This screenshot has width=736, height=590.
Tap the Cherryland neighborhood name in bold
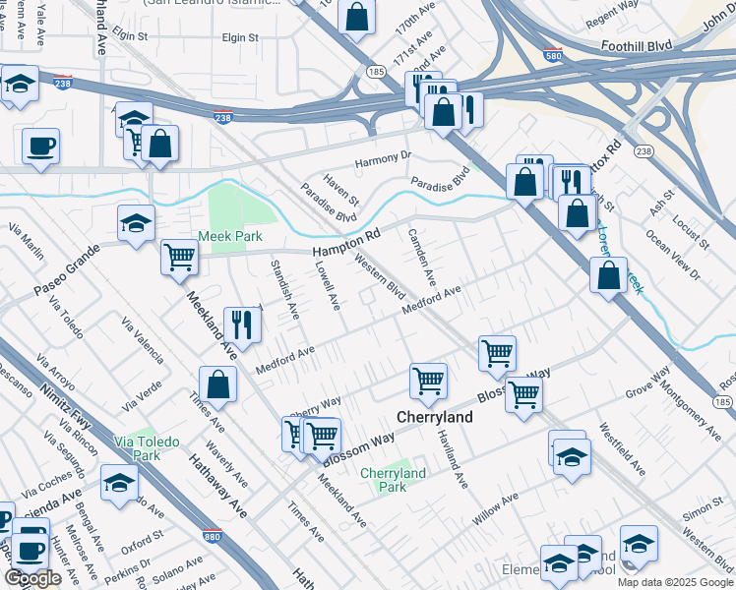434,417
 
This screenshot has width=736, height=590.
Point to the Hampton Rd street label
346,246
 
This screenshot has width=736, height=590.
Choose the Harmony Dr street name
383,157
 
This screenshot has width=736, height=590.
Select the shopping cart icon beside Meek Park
179,258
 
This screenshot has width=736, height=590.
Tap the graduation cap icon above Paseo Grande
136,222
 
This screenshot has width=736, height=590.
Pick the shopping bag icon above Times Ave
217,384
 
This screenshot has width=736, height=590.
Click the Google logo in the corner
32,578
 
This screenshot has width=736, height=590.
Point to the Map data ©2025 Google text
675,582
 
